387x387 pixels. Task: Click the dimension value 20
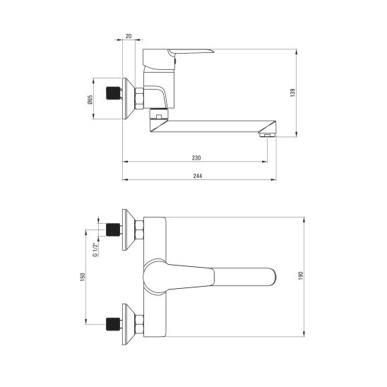[129, 36]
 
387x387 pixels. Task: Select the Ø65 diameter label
[90, 99]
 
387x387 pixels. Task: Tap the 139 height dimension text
[292, 93]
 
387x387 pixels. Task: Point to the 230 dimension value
[196, 157]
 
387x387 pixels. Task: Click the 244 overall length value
[198, 176]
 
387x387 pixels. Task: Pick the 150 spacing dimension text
[83, 277]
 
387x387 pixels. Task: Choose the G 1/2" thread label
[95, 250]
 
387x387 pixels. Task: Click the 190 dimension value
[300, 275]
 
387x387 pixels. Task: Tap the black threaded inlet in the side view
[113, 93]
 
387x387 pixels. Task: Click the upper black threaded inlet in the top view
[113, 230]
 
